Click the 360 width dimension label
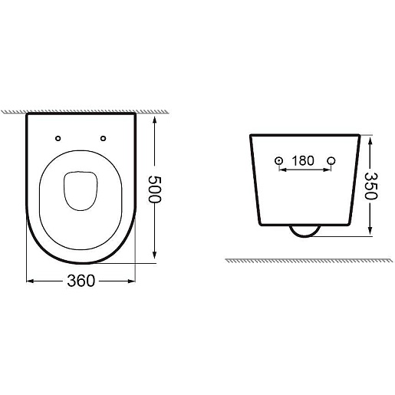coord(81,281)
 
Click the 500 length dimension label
coord(155,189)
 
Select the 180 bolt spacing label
coord(303,161)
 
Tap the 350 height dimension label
coord(370,186)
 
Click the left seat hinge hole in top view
coord(58,138)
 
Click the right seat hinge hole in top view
coord(103,138)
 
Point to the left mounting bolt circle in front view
coord(278,161)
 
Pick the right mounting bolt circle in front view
coord(331,161)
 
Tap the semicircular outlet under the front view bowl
coord(304,236)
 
